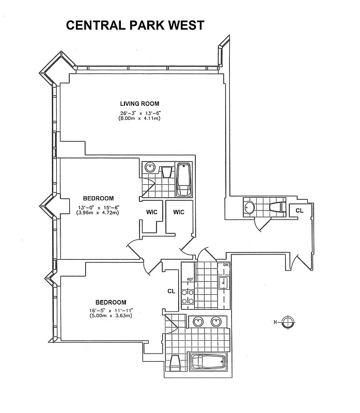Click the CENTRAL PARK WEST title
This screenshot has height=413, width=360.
pyautogui.click(x=135, y=25)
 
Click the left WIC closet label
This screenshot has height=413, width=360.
pyautogui.click(x=151, y=212)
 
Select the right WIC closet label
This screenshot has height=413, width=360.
pyautogui.click(x=179, y=212)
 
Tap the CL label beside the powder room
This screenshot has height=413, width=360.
pyautogui.click(x=299, y=210)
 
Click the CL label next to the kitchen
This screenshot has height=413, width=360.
pyautogui.click(x=171, y=291)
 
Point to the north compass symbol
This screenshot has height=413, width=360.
pyautogui.click(x=288, y=323)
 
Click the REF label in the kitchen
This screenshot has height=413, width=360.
pyautogui.click(x=190, y=279)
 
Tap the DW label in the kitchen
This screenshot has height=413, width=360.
pyautogui.click(x=226, y=266)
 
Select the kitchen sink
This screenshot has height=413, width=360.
pyautogui.click(x=224, y=283)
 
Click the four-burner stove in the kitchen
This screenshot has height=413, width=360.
pyautogui.click(x=187, y=296)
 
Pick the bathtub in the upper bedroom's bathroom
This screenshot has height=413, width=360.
pyautogui.click(x=184, y=179)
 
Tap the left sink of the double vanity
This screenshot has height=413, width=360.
pyautogui.click(x=198, y=322)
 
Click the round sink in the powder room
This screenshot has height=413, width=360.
pyautogui.click(x=249, y=208)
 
